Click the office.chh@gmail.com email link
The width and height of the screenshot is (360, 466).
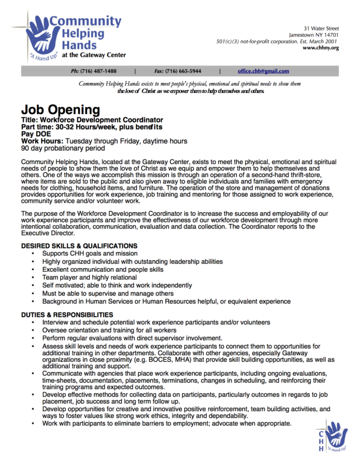point(263,71)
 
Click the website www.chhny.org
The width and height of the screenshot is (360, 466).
point(321,48)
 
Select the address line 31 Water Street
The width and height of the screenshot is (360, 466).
point(321,28)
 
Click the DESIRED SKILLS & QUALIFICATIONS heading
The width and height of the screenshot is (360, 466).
point(79,245)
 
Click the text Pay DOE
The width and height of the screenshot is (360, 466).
point(37,134)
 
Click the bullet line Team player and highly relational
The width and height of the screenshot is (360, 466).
point(89,277)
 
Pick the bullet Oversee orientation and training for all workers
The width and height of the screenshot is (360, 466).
point(109,330)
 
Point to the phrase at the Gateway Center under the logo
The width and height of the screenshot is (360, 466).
point(94,55)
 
